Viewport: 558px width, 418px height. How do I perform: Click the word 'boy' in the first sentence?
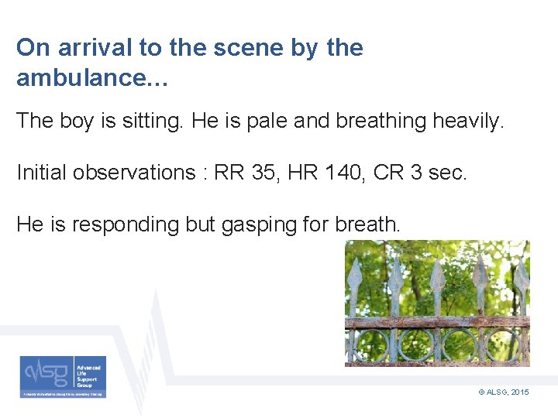coord(80,121)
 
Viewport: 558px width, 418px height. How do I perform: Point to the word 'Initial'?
coord(41,172)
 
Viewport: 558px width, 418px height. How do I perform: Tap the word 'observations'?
coord(136,172)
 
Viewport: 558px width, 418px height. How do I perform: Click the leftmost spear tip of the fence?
coord(355,275)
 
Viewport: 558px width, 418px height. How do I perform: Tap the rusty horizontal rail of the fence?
coord(437,322)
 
